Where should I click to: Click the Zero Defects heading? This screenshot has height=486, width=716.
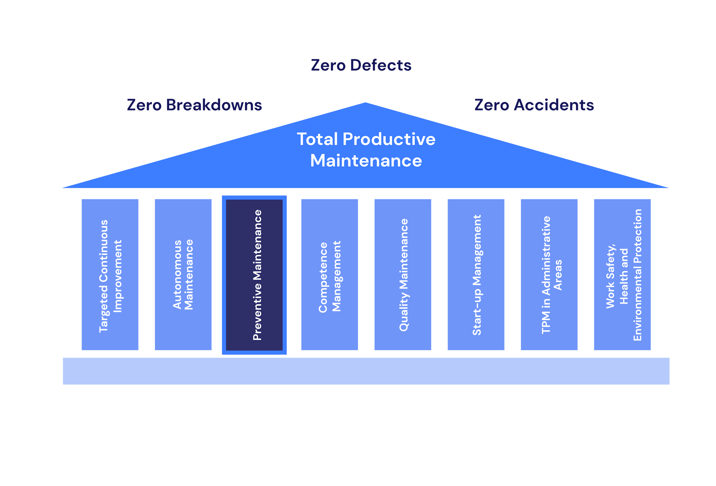361,65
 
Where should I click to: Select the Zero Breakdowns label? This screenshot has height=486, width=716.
194,105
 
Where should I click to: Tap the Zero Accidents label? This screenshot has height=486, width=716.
534,105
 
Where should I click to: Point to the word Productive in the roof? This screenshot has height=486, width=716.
389,139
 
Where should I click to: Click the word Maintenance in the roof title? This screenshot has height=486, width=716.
366,161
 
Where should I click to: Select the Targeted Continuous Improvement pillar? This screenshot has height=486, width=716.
110,274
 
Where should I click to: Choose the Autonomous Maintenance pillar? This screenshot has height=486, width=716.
183,274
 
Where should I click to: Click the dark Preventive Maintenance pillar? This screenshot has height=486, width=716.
255,275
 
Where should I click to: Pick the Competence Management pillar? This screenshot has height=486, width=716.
329,274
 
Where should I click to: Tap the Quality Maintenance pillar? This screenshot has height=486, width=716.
402,274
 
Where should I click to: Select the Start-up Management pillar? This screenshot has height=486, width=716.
476,274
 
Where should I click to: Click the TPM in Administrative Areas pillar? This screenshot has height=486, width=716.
549,274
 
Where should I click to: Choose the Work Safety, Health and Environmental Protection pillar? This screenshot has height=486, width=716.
622,274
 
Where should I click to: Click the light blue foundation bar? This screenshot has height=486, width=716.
366,371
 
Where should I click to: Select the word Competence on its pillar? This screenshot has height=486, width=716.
323,277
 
